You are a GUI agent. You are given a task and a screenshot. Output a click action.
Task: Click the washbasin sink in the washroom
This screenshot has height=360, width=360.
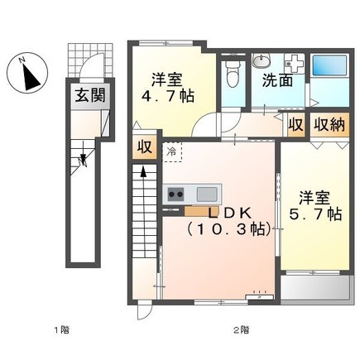262,60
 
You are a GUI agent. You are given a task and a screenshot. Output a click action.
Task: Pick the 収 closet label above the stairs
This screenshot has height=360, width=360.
144,148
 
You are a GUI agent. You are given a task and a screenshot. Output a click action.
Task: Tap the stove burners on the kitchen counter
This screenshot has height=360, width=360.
176,194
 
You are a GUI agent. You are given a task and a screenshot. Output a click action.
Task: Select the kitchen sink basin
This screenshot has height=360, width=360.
207,194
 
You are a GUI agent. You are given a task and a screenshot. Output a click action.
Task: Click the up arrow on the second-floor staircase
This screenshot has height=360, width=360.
145,174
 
